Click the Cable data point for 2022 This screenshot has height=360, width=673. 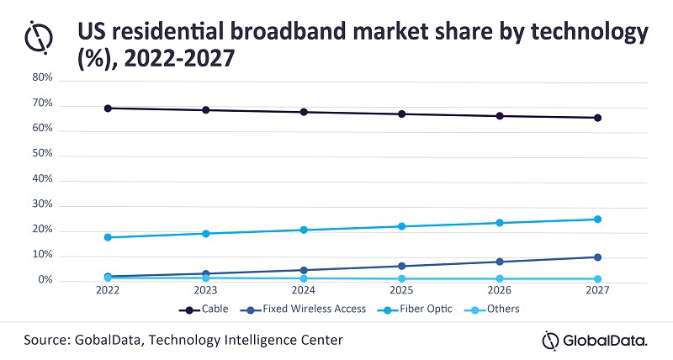coord(108,108)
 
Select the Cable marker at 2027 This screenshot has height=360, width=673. coord(597,118)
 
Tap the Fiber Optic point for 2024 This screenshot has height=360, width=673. coord(304,230)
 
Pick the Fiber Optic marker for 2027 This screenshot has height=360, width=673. coord(597,219)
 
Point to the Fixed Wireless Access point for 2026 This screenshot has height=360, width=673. coord(500,262)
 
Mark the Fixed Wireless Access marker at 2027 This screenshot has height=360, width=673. coord(597,257)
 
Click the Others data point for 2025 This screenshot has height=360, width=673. coord(402,278)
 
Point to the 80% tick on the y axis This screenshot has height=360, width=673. coord(43,78)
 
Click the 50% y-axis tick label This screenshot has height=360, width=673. coord(43,155)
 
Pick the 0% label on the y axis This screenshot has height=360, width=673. coord(45,280)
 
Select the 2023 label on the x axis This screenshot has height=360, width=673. coord(205,290)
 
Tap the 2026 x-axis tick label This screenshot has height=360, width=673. coord(500,290)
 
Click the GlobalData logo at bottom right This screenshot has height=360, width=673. coord(594,340)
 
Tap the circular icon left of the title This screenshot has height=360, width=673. coord(39,36)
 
